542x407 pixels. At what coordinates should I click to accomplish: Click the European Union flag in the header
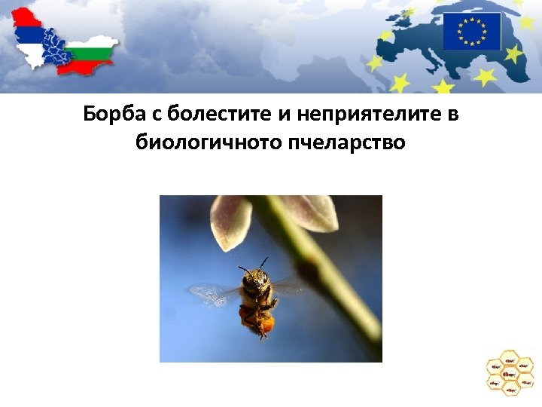tap(471, 32)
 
